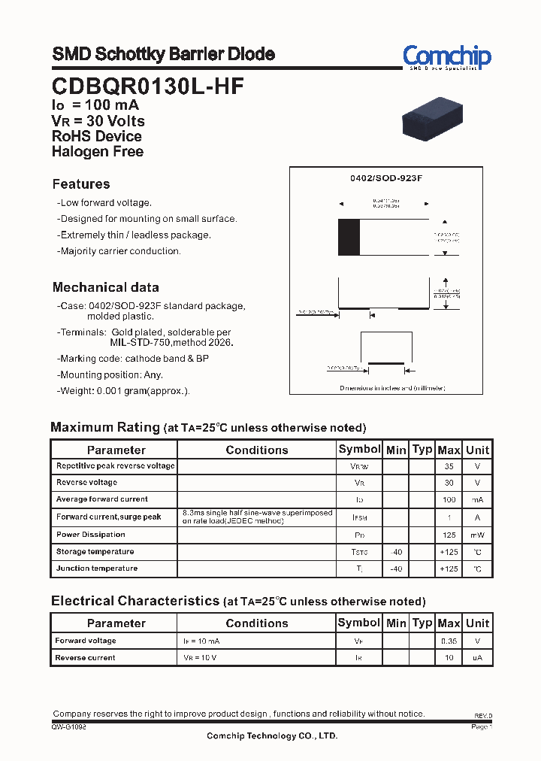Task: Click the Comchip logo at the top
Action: [446, 57]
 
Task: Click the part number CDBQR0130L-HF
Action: [147, 86]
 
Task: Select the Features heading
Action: [81, 184]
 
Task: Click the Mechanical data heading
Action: [105, 287]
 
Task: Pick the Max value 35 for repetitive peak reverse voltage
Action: [449, 466]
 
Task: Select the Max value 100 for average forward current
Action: [449, 500]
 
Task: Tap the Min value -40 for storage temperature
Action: [395, 552]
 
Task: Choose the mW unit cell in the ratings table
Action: [477, 535]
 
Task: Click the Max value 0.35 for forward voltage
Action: [449, 641]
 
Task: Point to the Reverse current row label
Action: [85, 658]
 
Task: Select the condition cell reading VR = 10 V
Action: [201, 658]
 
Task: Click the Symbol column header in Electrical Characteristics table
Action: [359, 623]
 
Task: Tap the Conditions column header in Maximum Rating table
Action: [257, 450]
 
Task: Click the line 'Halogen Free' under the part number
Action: [98, 151]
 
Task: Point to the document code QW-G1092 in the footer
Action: [69, 727]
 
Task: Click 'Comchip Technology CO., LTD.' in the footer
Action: [272, 736]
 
